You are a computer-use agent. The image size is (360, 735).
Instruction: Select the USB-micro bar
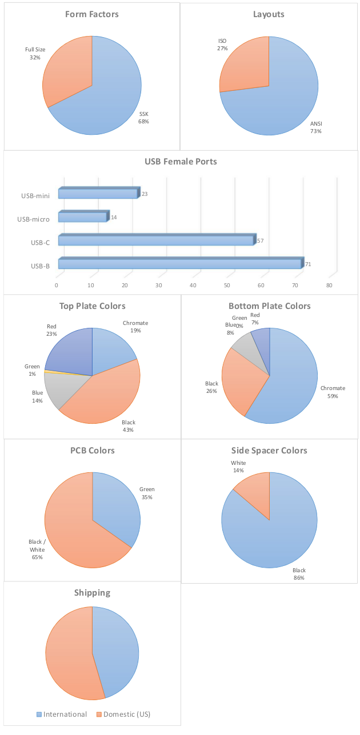[82, 218]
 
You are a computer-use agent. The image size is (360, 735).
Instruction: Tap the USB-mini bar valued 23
[98, 194]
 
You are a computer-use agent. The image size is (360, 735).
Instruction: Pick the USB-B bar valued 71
[179, 264]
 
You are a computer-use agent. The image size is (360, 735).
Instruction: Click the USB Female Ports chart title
[181, 162]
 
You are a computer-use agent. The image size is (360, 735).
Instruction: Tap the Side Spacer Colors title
[269, 451]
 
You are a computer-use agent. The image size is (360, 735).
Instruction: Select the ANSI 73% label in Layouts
[316, 127]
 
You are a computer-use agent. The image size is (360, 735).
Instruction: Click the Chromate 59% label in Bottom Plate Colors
[333, 392]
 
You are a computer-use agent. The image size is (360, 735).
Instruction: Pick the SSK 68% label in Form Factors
[143, 118]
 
